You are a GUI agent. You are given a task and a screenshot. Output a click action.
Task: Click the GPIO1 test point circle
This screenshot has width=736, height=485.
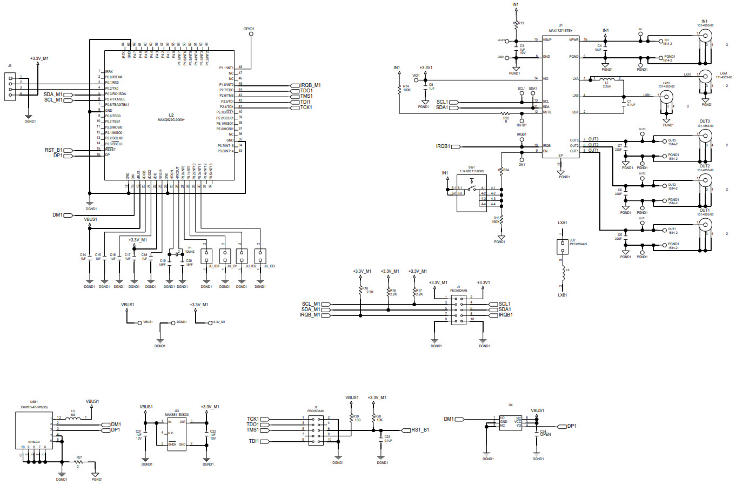click(x=251, y=35)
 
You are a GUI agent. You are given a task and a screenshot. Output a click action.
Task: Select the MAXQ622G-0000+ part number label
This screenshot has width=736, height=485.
click(x=171, y=119)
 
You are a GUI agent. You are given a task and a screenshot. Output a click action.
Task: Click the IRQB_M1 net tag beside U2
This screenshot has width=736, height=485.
click(x=310, y=85)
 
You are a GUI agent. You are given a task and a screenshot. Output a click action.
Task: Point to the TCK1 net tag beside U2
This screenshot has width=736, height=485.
click(x=305, y=107)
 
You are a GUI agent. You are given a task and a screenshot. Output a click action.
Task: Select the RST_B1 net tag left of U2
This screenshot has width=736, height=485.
click(x=53, y=150)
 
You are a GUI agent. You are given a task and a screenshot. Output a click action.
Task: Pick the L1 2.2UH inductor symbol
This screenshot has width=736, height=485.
click(x=606, y=79)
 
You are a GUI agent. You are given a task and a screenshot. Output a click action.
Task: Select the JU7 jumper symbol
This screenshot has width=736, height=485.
click(x=563, y=247)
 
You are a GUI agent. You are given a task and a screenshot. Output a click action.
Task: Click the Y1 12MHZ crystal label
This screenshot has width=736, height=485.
click(x=189, y=250)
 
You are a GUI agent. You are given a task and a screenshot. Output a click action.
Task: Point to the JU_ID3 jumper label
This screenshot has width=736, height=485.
click(x=269, y=266)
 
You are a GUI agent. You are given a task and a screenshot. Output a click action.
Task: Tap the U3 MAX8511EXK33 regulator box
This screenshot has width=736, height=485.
click(x=177, y=433)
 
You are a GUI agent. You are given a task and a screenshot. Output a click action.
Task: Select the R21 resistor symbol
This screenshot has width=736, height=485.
click(x=79, y=462)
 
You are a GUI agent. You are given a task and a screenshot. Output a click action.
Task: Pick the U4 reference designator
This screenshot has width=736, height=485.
click(x=510, y=405)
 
